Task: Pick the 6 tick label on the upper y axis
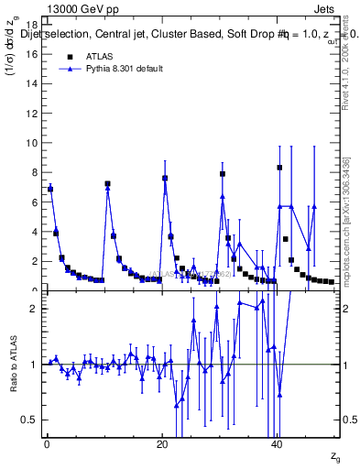point(33,202)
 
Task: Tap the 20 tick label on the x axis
point(162,444)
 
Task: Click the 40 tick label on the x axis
point(278,444)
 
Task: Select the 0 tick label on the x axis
point(47,444)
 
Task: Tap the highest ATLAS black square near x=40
point(280,168)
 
